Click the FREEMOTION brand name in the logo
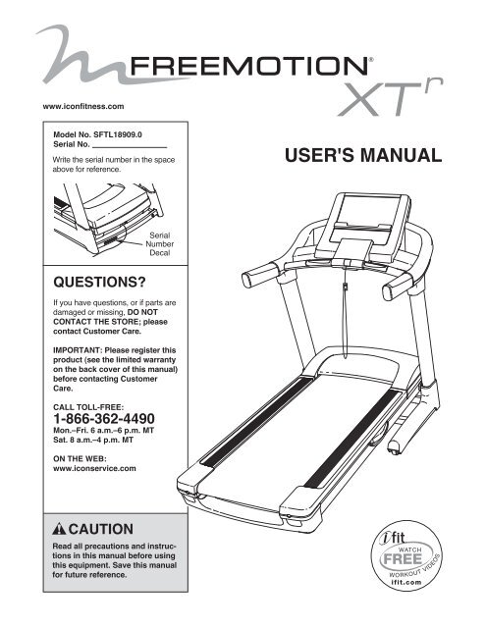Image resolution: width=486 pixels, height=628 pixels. click(x=248, y=67)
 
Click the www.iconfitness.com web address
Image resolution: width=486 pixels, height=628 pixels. click(x=83, y=107)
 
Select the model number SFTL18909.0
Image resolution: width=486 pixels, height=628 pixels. click(x=118, y=135)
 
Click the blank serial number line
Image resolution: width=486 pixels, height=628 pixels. click(x=130, y=147)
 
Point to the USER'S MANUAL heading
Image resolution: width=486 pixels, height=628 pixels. click(x=363, y=155)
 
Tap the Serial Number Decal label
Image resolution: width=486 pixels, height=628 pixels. click(x=160, y=244)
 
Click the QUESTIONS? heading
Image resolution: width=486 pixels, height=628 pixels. click(x=99, y=282)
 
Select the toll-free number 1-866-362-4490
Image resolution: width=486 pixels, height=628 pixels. click(x=104, y=419)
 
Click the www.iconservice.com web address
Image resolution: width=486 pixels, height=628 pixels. click(x=94, y=468)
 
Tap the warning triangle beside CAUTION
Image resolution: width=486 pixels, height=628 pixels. click(x=59, y=529)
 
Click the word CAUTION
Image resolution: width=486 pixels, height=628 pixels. click(x=100, y=529)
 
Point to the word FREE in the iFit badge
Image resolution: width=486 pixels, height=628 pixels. click(x=403, y=559)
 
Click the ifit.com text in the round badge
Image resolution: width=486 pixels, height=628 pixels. click(x=406, y=582)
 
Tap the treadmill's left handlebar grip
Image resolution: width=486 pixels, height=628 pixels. click(x=260, y=274)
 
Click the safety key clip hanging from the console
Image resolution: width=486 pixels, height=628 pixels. click(x=345, y=288)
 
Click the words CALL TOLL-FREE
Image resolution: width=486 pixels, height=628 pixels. click(x=88, y=408)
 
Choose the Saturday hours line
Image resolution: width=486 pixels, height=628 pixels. click(x=93, y=440)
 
